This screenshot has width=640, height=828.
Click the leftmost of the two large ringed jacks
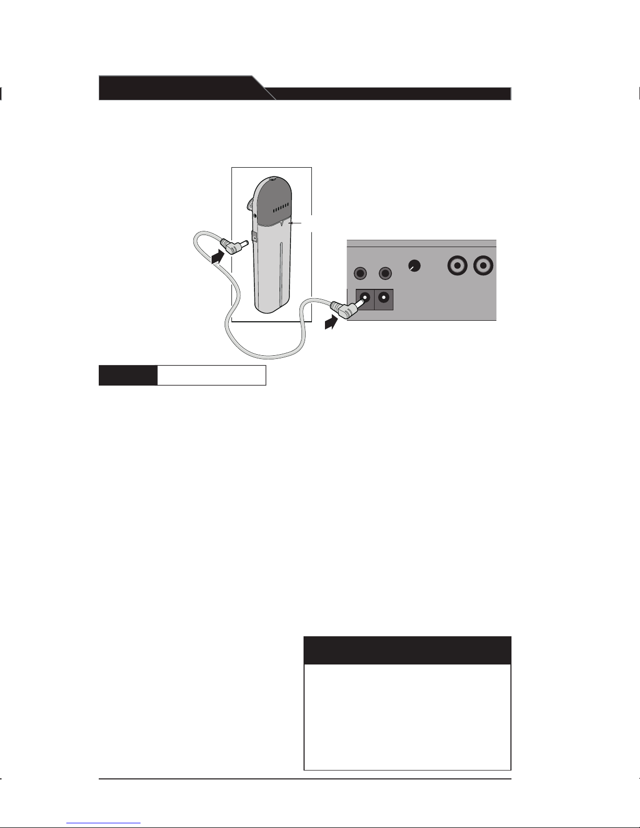pos(458,266)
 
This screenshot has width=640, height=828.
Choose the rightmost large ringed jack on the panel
pos(483,266)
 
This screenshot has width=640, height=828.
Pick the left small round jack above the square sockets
pos(360,273)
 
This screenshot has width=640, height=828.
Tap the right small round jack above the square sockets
pos(386,273)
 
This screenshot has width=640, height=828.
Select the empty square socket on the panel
pos(384,299)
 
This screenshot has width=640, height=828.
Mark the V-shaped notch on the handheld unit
pos(282,224)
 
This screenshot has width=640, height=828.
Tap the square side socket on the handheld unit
pos(254,238)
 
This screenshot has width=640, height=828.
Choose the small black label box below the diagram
pos(128,375)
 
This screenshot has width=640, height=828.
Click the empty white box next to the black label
pos(212,375)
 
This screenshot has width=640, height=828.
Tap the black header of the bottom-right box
pos(407,650)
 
